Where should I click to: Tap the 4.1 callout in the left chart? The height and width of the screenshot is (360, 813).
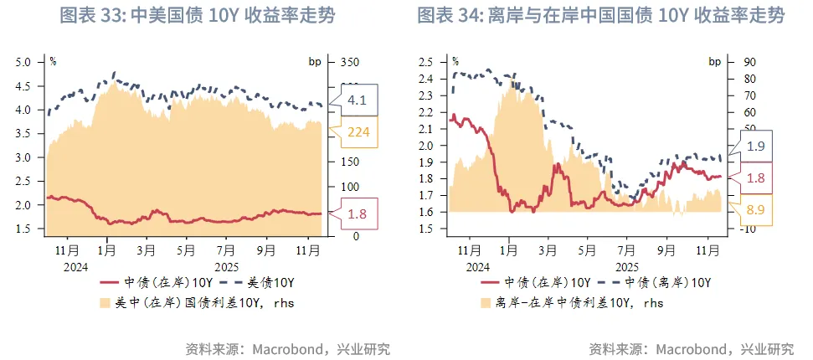(x=358, y=100)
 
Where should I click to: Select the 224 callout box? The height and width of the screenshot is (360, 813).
(x=358, y=132)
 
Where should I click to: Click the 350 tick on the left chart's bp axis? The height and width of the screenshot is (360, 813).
(x=349, y=63)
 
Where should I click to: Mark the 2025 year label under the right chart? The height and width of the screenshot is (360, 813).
(x=626, y=265)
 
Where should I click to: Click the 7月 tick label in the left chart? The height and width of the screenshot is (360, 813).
(x=225, y=249)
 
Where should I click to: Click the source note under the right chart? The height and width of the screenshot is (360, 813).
(x=691, y=348)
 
